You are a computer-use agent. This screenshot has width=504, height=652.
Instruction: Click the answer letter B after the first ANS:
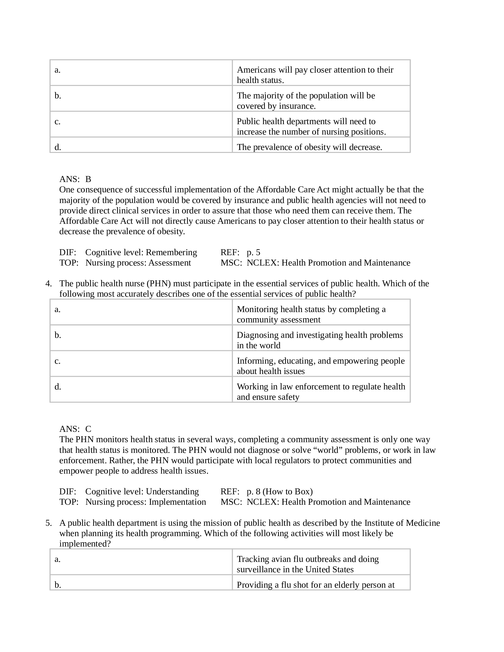pos(88,179)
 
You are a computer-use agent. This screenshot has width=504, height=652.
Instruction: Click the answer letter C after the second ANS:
pos(88,429)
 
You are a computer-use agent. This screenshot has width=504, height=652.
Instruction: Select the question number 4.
pos(48,284)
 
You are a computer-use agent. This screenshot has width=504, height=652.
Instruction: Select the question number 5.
pos(48,523)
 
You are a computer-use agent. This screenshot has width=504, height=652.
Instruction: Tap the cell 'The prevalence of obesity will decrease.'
pos(309,147)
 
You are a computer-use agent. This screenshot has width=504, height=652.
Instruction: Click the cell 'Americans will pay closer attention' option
pos(315,75)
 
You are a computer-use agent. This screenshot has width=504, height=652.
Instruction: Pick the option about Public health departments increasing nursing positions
pos(311,127)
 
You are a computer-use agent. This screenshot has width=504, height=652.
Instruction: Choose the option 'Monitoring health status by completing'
pos(311,314)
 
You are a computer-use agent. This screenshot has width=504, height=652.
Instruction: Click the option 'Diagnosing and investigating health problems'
pos(320,340)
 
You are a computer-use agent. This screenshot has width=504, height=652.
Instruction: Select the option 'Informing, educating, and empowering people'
pos(320,366)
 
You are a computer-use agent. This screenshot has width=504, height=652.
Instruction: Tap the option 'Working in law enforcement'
pos(321,392)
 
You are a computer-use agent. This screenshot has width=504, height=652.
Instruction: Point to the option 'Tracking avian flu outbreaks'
pos(307,564)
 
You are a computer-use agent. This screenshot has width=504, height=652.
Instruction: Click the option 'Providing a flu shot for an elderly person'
pos(315,585)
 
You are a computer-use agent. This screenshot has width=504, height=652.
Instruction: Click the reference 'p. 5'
pos(253,253)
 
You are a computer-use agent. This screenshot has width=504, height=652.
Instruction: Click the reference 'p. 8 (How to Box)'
pos(280,492)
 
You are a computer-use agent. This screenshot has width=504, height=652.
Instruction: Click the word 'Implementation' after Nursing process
pos(177,502)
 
